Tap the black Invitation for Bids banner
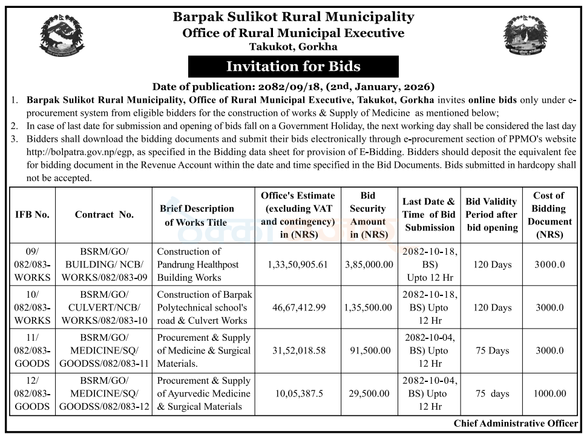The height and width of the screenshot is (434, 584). [x=293, y=66]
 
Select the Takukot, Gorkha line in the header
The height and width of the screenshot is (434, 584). [x=294, y=47]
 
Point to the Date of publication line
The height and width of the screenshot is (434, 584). [x=294, y=87]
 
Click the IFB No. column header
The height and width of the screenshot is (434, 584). [x=33, y=214]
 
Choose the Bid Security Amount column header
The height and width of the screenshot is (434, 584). [x=368, y=214]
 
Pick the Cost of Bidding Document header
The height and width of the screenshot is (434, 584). [x=549, y=214]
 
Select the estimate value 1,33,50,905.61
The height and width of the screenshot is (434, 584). [x=300, y=265]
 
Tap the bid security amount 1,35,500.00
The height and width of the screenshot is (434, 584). [x=368, y=307]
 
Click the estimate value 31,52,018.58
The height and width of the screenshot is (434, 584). [x=300, y=350]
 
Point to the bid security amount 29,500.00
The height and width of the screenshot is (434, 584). [x=368, y=393]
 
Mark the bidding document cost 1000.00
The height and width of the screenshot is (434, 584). [x=549, y=393]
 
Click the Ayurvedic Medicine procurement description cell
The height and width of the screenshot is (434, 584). [x=203, y=393]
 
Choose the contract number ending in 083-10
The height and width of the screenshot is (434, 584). [x=104, y=307]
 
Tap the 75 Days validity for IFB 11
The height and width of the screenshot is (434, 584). [x=492, y=350]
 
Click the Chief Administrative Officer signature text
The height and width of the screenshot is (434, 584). [x=516, y=424]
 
